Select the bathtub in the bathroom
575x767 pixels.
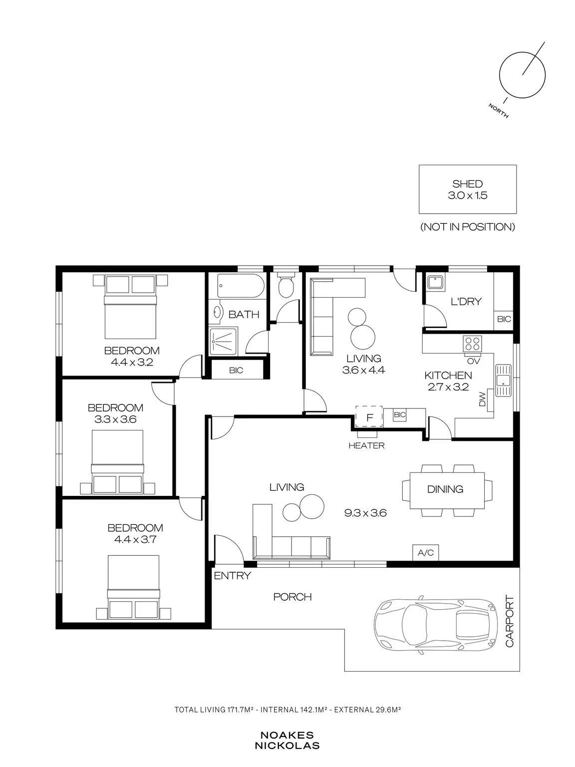[241, 286]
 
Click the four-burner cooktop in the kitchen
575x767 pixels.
[472, 343]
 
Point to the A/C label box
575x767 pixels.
[426, 552]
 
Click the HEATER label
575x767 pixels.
[366, 445]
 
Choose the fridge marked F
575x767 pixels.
[369, 416]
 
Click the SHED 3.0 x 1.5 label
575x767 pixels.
[468, 189]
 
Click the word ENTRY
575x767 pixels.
[232, 576]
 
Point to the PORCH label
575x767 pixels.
[292, 597]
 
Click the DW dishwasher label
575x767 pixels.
[482, 399]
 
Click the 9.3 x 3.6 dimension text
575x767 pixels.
[365, 513]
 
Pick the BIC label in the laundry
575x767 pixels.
[504, 319]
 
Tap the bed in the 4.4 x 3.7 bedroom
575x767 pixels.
[133, 588]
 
